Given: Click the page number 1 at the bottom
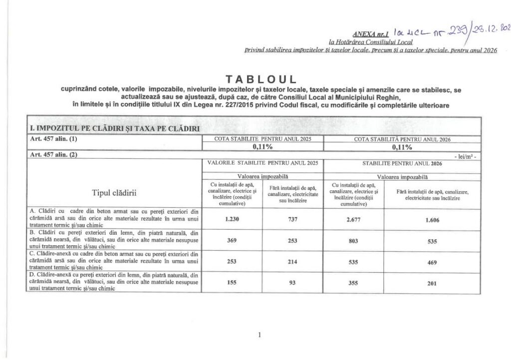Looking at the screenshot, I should (260, 336).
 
